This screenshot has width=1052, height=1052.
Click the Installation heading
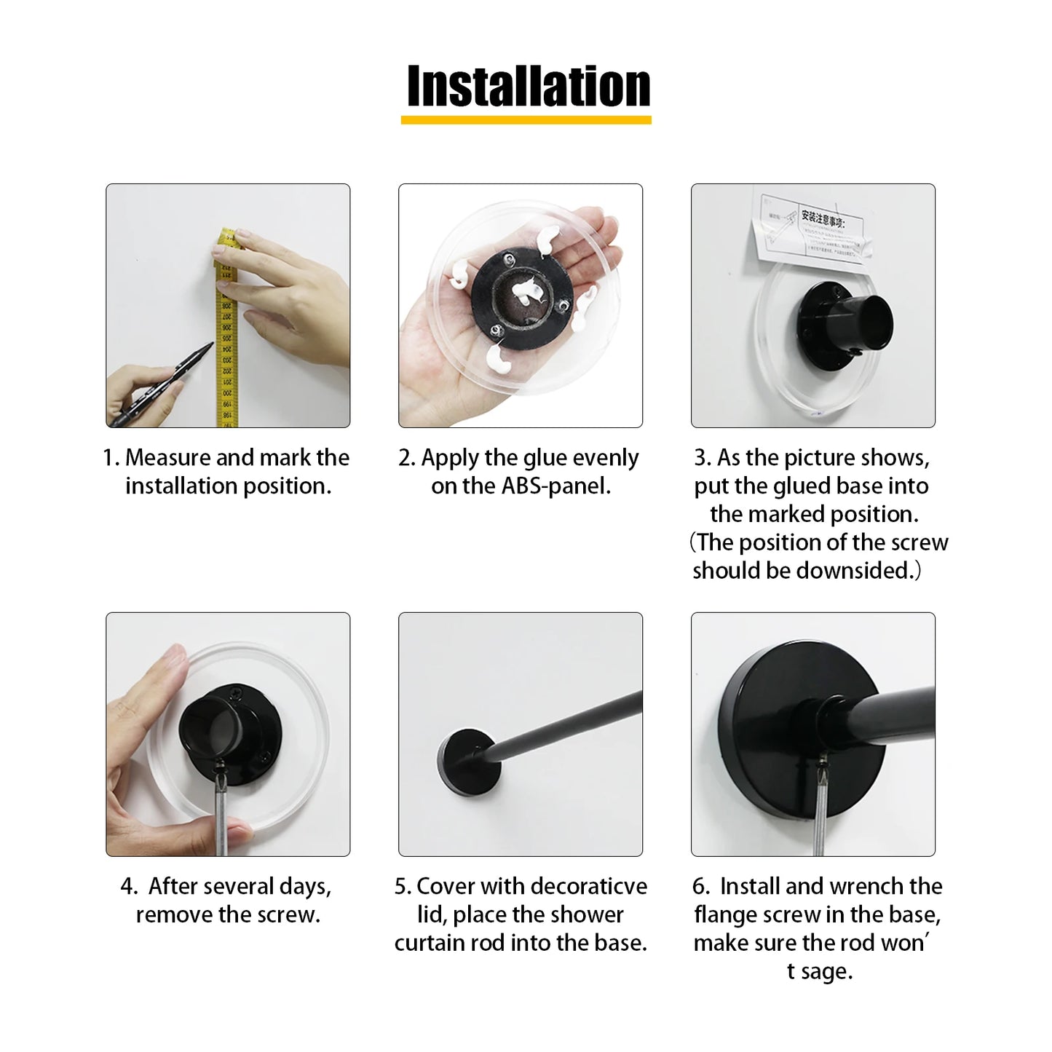coord(528,86)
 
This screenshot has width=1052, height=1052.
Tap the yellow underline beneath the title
coord(526,120)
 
